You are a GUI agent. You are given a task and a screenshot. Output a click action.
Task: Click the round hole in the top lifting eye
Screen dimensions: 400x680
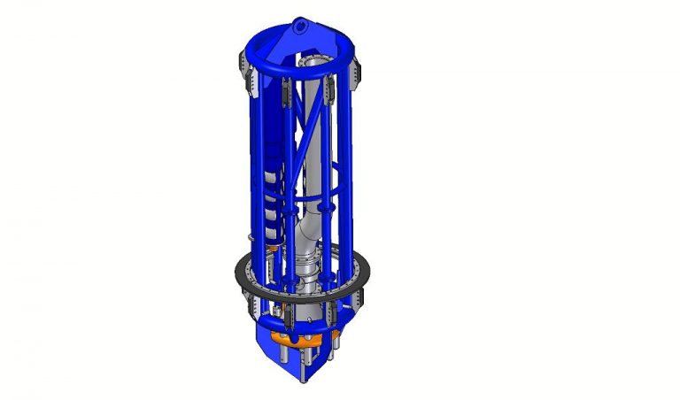coord(300,27)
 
